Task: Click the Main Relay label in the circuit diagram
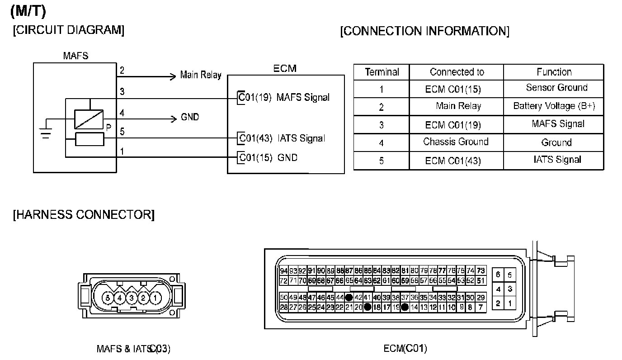coord(200,75)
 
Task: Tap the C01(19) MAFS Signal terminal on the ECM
coord(284,97)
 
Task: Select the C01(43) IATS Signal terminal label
coord(282,138)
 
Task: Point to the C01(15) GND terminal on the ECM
coord(268,158)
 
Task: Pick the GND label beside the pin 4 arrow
coord(190,118)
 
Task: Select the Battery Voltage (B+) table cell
coord(554,106)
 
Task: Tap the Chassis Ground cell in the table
coord(456,142)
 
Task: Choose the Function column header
coord(554,72)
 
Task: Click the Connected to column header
coord(457,72)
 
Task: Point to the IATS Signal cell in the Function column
coord(557,159)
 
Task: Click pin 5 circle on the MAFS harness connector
coord(108,298)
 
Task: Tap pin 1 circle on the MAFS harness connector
coord(155,298)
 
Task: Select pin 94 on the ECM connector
coord(284,271)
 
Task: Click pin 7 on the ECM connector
coord(481,307)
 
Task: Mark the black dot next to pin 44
coord(349,298)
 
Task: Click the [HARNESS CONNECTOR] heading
coord(84,214)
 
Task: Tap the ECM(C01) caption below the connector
coord(405,348)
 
